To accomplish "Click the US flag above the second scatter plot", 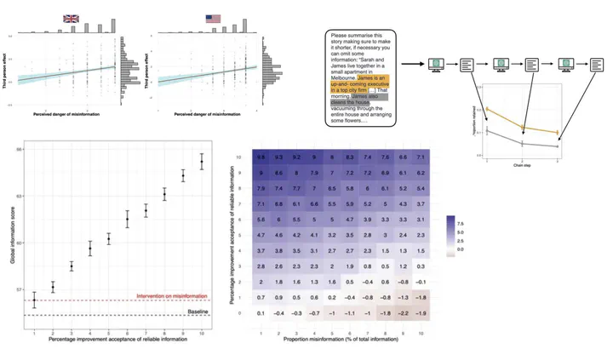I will click(214, 18).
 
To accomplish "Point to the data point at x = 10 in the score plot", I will click(202, 162).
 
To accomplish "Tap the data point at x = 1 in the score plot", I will click(34, 300).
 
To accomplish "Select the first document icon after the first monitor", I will click(469, 64).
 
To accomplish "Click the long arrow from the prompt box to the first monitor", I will click(413, 64).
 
